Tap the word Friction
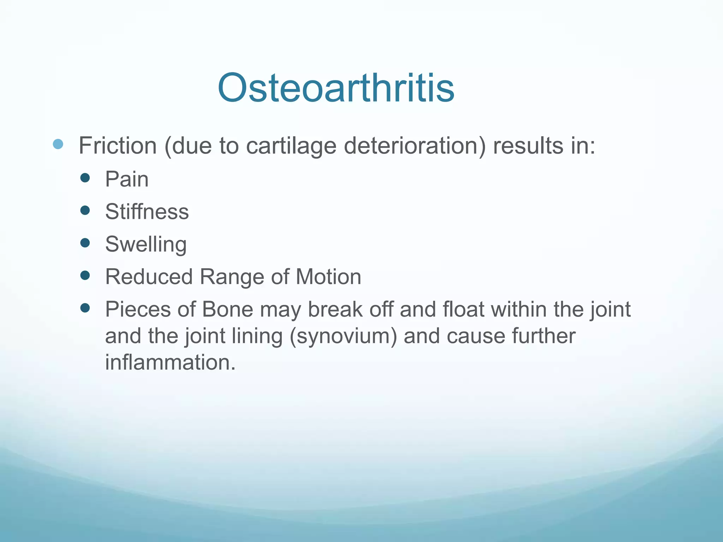tap(118, 146)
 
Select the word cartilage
tap(291, 146)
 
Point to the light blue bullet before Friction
tap(58, 144)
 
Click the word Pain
tap(127, 179)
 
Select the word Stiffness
tap(147, 212)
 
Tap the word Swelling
tap(146, 245)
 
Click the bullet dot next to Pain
tap(85, 177)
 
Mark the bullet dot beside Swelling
tap(85, 243)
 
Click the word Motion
tap(328, 277)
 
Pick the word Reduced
tap(149, 277)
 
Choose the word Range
tap(232, 277)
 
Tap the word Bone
tap(228, 309)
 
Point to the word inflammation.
tap(170, 362)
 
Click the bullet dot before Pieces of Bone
tap(85, 308)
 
